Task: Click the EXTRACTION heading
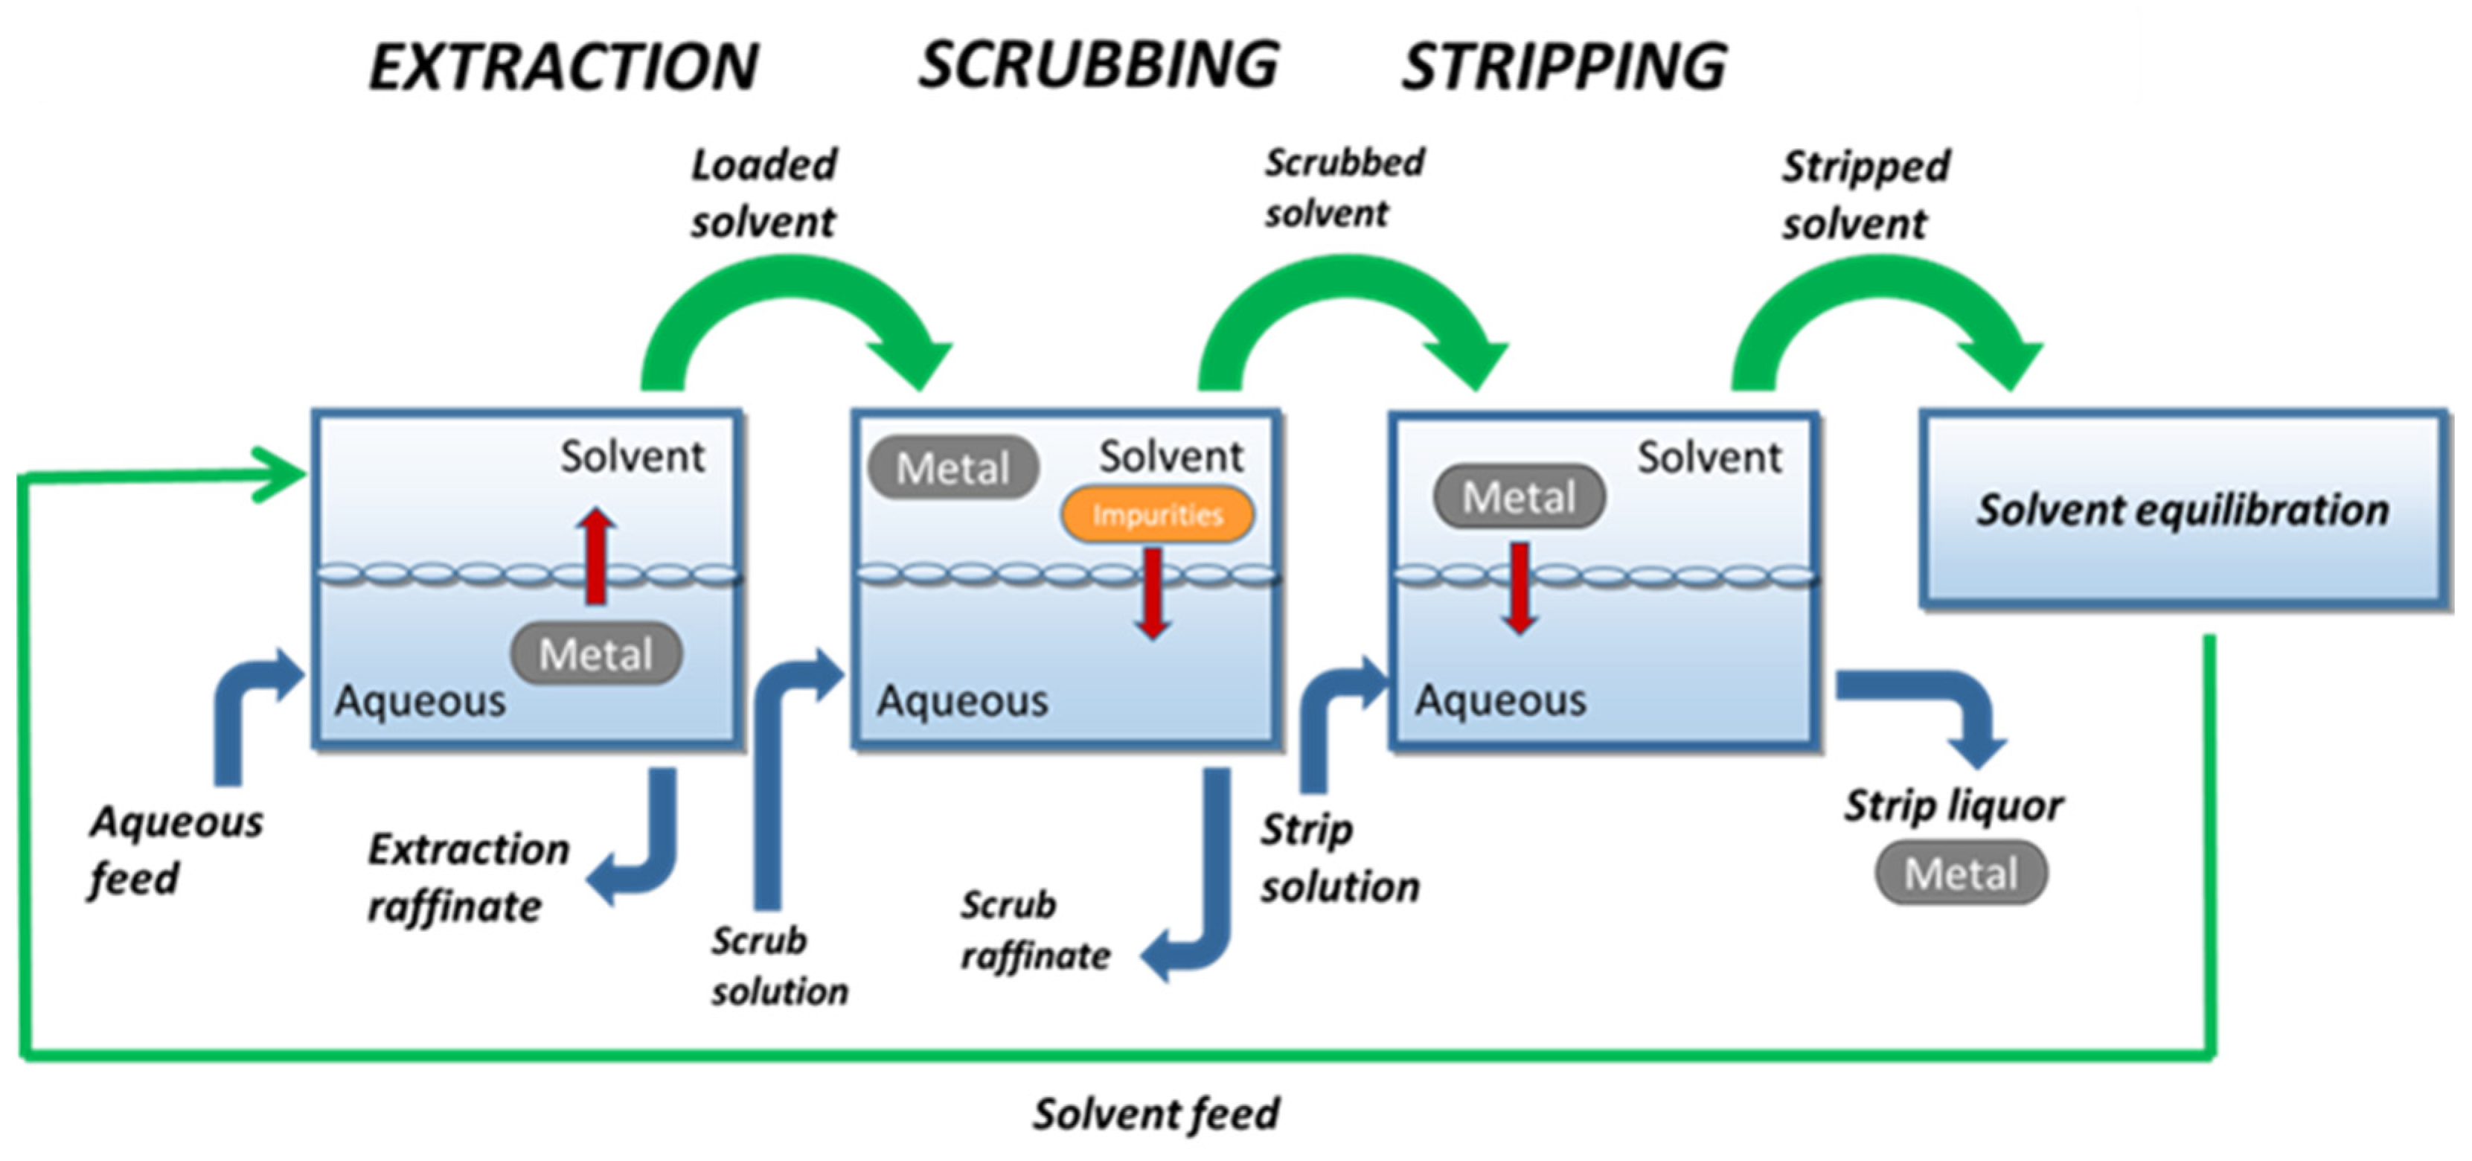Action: pyautogui.click(x=564, y=66)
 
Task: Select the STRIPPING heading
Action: pyautogui.click(x=1565, y=66)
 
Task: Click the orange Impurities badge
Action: pyautogui.click(x=1156, y=514)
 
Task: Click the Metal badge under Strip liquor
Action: pyautogui.click(x=1961, y=873)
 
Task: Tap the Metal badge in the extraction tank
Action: pyautogui.click(x=596, y=654)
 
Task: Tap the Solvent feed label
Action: pyautogui.click(x=1156, y=1114)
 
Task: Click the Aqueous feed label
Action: pyautogui.click(x=176, y=850)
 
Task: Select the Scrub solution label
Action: pyautogui.click(x=779, y=965)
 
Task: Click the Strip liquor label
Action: pyautogui.click(x=1953, y=806)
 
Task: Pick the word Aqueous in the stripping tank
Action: pyautogui.click(x=1501, y=700)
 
